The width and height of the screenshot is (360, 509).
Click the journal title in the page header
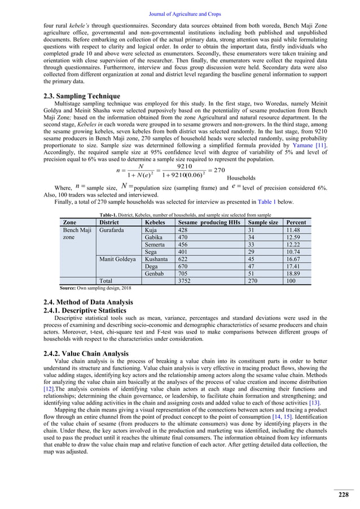point(179,7)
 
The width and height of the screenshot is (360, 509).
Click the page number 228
point(343,495)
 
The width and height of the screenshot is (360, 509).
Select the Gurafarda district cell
point(113,231)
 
